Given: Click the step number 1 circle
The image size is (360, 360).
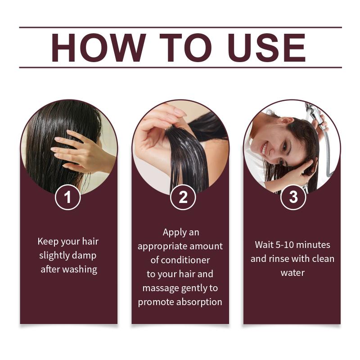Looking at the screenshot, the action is point(68,197).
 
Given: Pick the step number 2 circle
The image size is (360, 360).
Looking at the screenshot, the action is point(183,197).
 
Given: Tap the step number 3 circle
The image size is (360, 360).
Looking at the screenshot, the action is point(293,197).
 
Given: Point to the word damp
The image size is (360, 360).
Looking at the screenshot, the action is point(84,256).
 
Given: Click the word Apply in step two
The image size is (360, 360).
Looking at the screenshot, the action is point(172,233).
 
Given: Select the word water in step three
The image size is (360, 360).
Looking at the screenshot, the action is point(292,273).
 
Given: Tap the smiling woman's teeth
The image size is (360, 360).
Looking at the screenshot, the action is point(264,148).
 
